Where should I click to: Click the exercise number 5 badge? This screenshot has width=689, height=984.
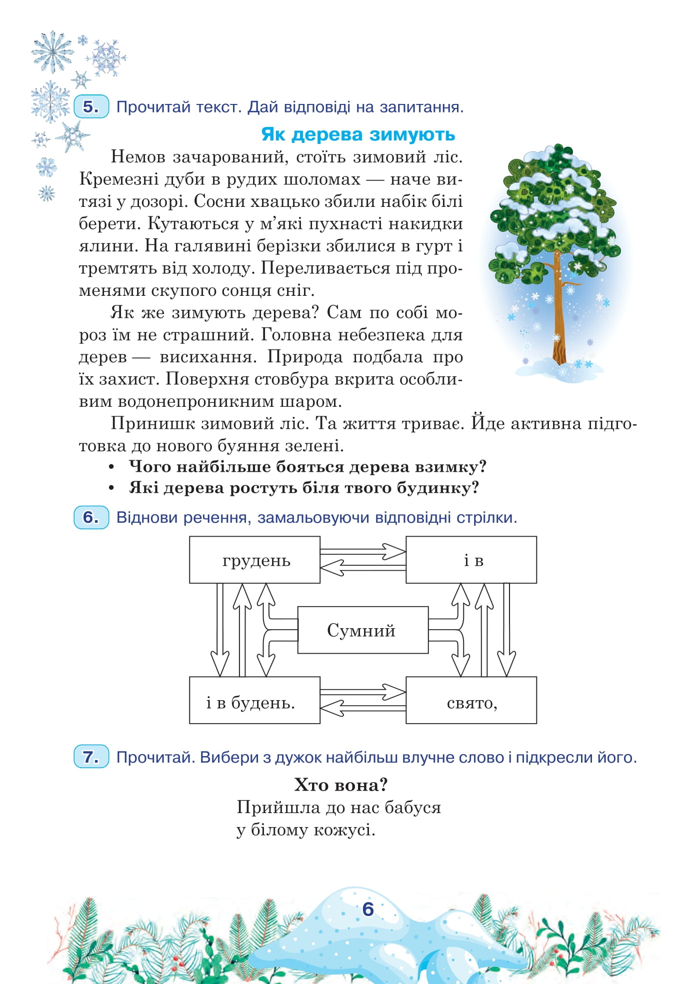[91, 106]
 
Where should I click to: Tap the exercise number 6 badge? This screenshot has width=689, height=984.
[91, 517]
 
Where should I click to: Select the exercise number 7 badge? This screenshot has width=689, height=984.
[91, 757]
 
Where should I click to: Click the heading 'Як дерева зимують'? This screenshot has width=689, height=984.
[358, 134]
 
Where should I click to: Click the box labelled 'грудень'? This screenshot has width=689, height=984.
[254, 560]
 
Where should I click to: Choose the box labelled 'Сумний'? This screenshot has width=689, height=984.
[362, 630]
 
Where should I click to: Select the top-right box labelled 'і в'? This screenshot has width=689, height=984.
[471, 560]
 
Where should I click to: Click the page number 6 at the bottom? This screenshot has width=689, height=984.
[368, 910]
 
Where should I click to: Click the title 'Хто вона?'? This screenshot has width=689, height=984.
[341, 785]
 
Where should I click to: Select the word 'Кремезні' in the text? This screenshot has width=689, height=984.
[118, 179]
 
